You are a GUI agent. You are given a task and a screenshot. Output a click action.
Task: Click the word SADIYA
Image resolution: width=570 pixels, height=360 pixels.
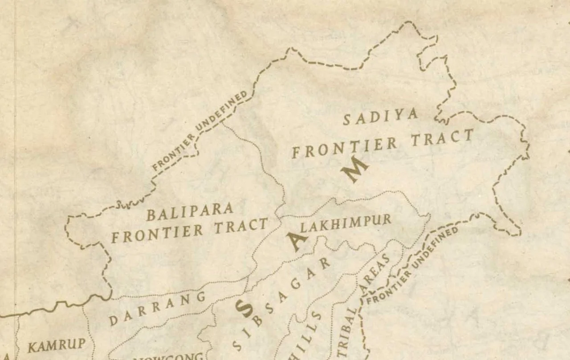pos(381,117)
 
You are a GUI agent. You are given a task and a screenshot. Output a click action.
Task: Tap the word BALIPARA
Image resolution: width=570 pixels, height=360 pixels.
pos(190,212)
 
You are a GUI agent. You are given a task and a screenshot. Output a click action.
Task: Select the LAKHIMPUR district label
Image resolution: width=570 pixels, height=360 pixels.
pos(346,223)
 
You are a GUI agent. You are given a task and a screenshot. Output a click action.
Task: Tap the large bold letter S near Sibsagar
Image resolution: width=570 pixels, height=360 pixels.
pos(243,308)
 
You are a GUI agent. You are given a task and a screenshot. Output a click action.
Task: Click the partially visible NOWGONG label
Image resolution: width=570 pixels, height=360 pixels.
pos(169,356)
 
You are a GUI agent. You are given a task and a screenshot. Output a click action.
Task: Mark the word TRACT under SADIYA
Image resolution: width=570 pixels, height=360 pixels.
pos(441,138)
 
